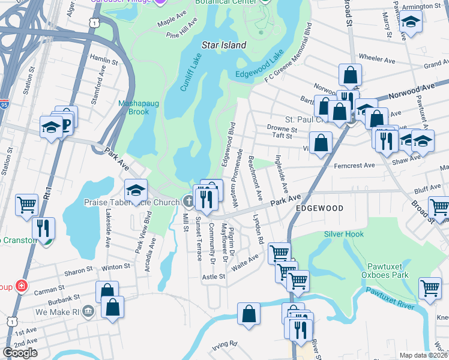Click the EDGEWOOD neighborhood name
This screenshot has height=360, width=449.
(x=319, y=208)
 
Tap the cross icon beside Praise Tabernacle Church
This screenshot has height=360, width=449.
(x=187, y=202)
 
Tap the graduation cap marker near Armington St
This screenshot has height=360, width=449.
(x=411, y=22)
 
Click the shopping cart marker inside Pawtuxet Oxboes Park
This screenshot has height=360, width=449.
(x=430, y=289)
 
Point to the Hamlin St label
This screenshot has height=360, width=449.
(x=103, y=61)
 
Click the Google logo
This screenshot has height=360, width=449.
(x=20, y=353)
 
